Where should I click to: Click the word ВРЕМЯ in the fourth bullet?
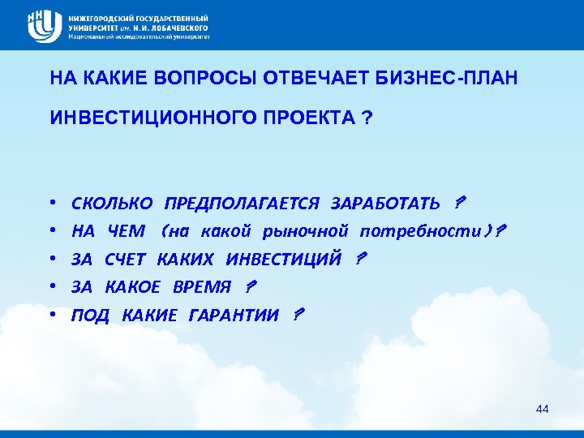(202, 286)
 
